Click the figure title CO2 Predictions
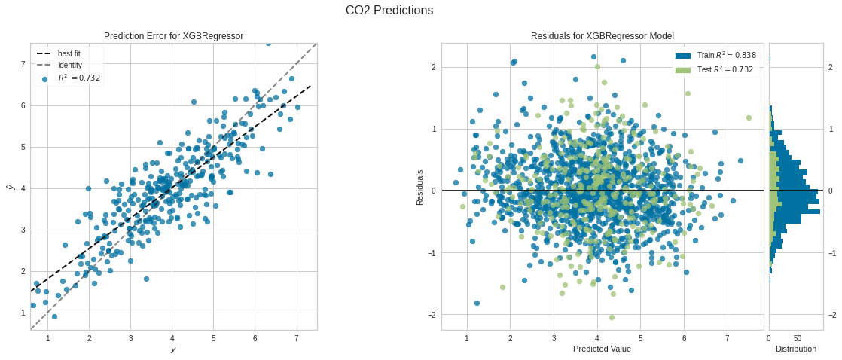389,11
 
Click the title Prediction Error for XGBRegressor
173,36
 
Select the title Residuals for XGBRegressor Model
602,36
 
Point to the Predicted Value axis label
602,349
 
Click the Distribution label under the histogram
795,349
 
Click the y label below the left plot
173,349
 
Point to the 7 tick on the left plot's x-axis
296,338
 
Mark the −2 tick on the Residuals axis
432,314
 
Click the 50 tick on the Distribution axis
797,338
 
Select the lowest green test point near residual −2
612,317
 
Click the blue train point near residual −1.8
477,303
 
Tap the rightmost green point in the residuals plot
749,117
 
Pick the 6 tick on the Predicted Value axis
684,338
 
